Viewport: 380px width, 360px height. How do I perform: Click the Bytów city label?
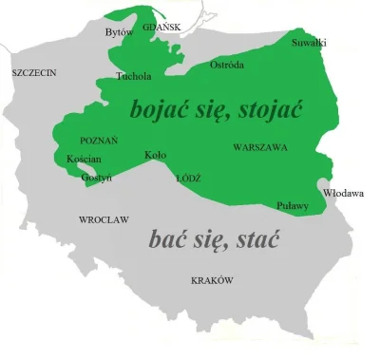[x=118, y=32]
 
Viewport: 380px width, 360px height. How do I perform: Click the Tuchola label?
[x=133, y=75]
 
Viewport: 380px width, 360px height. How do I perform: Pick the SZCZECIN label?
[x=34, y=72]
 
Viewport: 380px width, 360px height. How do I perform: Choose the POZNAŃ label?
[x=100, y=140]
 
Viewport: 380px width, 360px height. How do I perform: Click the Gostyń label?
[x=96, y=177]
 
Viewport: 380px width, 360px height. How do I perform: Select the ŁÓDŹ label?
[x=188, y=178]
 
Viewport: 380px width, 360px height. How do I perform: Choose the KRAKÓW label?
[x=212, y=280]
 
